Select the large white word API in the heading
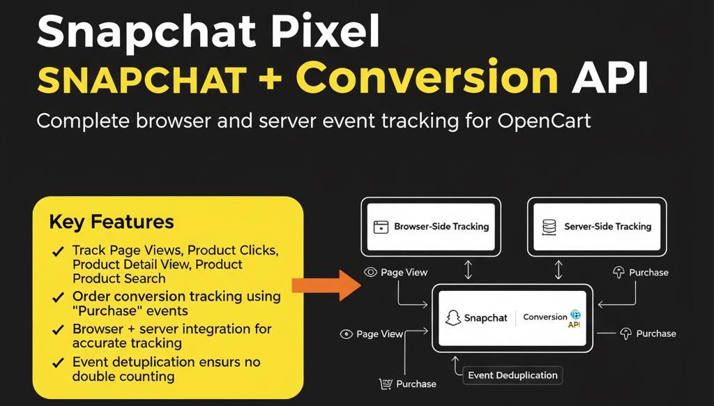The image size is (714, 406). [609, 80]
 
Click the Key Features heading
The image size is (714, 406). [111, 223]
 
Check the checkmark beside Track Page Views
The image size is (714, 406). [59, 250]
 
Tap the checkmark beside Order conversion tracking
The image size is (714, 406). [59, 297]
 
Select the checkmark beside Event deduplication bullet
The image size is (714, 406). [59, 363]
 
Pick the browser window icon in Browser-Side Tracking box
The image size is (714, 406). [380, 227]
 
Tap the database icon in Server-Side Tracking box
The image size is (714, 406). [549, 227]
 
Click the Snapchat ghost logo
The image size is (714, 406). [453, 317]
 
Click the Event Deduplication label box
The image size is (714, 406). [512, 375]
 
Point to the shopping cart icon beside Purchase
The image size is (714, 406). [385, 384]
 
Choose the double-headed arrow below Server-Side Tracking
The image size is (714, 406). [558, 270]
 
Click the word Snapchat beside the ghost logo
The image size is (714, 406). [486, 318]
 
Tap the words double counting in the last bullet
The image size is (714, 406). [123, 376]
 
